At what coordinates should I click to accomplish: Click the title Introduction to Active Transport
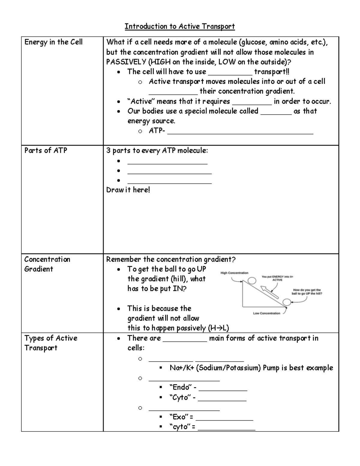(180, 26)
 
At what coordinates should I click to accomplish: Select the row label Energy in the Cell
(53, 42)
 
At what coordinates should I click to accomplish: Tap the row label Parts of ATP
(46, 150)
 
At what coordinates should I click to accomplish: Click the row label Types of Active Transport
(51, 343)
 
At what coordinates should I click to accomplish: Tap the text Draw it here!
(128, 190)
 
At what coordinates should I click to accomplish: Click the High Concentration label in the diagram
(234, 273)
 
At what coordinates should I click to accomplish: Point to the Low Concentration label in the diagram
(266, 313)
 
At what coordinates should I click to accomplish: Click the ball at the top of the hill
(252, 280)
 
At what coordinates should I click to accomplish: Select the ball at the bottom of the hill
(287, 302)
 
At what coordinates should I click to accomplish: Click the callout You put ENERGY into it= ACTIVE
(277, 278)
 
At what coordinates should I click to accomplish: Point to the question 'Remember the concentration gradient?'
(171, 259)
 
